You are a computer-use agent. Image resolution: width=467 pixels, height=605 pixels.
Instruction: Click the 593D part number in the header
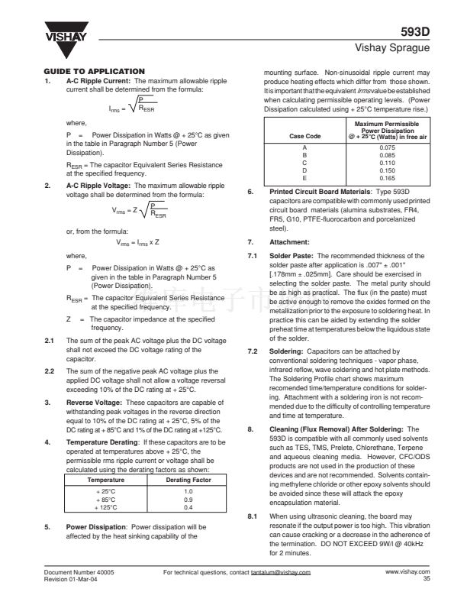(x=416, y=32)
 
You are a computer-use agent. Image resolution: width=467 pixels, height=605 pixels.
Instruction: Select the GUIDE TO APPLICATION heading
(x=95, y=71)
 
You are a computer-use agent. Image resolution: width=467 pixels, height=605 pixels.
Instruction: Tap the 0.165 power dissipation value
(x=388, y=177)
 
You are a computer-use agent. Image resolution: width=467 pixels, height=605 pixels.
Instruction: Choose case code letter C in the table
(x=305, y=162)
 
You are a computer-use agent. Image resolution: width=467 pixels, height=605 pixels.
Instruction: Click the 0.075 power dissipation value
(x=388, y=147)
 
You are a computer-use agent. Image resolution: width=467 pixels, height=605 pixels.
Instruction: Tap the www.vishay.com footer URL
(x=407, y=571)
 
